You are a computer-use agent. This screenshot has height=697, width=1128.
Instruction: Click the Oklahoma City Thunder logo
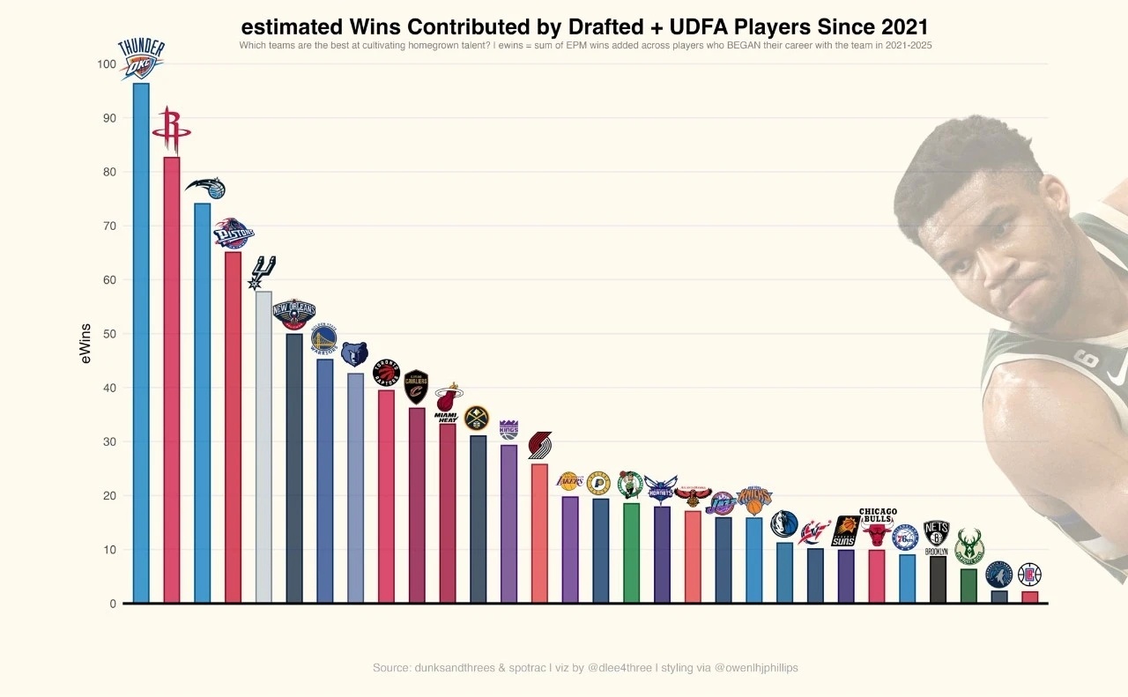141,59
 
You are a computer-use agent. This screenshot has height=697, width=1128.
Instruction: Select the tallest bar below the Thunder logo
141,344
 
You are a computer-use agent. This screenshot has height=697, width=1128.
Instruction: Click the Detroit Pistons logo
234,234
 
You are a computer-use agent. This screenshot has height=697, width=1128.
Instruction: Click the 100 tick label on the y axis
107,64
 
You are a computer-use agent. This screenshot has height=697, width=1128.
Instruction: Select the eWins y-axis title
85,344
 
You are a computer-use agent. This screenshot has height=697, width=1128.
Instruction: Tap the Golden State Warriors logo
323,339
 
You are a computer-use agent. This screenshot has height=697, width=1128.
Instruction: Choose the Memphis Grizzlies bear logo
354,354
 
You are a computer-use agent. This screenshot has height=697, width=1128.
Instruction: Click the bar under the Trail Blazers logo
539,533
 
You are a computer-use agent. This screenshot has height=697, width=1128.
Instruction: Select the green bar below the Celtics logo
631,552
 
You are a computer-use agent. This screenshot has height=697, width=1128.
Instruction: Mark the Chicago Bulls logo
877,529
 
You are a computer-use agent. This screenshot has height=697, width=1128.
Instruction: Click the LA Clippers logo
1029,575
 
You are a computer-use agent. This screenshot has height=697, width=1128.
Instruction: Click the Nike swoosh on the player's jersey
1116,376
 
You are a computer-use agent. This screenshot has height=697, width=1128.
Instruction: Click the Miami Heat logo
448,403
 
